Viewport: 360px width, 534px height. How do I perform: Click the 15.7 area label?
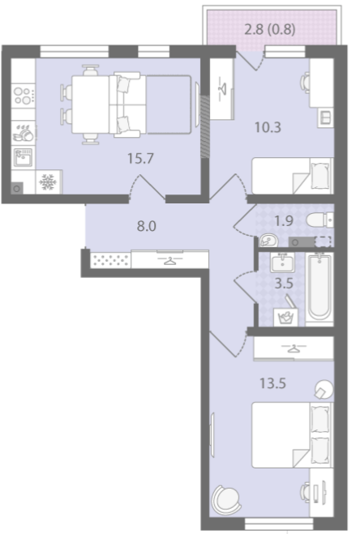[140, 158]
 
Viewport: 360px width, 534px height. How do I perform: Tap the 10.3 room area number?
[268, 127]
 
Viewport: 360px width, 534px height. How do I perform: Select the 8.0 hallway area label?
[146, 226]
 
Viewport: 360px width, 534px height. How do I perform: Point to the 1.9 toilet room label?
[284, 221]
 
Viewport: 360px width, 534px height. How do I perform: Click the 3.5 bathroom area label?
[284, 284]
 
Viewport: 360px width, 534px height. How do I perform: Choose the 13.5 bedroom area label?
[272, 383]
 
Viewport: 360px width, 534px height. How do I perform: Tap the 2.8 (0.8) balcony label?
[270, 30]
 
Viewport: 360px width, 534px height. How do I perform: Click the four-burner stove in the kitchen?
[24, 96]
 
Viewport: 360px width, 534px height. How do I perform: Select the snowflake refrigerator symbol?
[47, 182]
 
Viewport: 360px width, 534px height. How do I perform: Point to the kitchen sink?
[24, 157]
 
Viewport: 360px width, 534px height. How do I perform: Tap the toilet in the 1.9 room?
[319, 220]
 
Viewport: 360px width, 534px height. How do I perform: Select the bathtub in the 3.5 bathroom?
[319, 288]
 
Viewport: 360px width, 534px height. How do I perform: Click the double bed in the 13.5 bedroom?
[292, 435]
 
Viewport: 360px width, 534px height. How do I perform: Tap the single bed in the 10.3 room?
[292, 176]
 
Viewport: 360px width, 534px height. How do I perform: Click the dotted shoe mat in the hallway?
[111, 260]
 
